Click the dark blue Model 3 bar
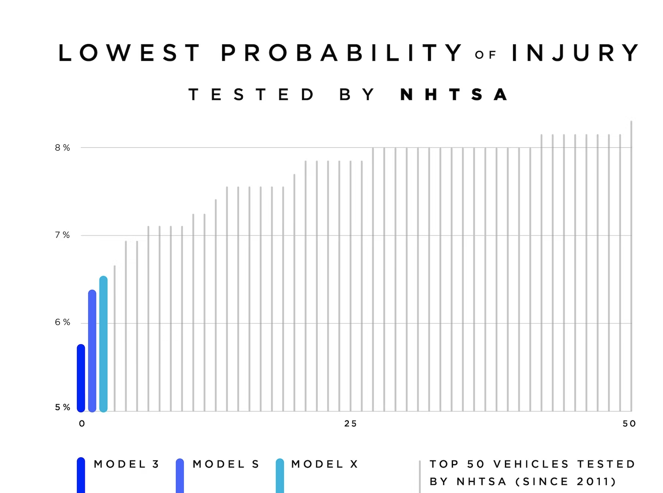[x=81, y=378]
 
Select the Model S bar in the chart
[x=92, y=351]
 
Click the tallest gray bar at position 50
[x=631, y=267]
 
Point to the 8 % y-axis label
[x=62, y=148]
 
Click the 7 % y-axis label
[x=62, y=235]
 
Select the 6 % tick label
[x=62, y=323]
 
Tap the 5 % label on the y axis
[x=62, y=408]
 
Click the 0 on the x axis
[x=82, y=424]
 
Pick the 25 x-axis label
[x=350, y=424]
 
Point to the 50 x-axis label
[x=629, y=424]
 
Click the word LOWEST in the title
[x=129, y=53]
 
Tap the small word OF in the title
[x=486, y=55]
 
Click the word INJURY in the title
[x=575, y=53]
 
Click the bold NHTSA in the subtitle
[x=454, y=95]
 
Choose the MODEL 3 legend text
[x=127, y=464]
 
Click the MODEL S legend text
[x=226, y=464]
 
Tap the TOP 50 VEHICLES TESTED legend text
[x=532, y=464]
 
